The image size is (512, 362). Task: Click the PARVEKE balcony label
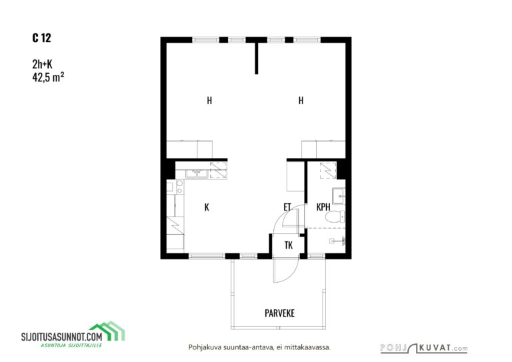click(x=279, y=313)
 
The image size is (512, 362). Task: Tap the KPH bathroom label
click(x=323, y=207)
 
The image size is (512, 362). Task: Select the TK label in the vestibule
click(x=289, y=245)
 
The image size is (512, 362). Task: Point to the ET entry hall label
click(x=287, y=207)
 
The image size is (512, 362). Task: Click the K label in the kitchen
click(x=207, y=207)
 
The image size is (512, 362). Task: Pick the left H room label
click(x=209, y=101)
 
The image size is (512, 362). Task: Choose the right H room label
click(x=301, y=101)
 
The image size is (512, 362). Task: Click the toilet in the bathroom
click(x=336, y=216)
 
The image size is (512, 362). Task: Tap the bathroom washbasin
click(x=339, y=196)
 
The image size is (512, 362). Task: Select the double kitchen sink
click(x=197, y=173)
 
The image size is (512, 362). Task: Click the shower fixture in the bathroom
click(x=339, y=241)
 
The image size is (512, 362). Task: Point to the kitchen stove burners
click(x=179, y=187)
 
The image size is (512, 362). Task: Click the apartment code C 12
click(x=41, y=38)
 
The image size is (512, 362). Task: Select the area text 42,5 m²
click(x=48, y=77)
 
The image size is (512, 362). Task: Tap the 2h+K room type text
click(x=42, y=64)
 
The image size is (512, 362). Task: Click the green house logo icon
click(x=108, y=331)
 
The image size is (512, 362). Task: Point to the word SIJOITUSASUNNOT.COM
click(x=62, y=337)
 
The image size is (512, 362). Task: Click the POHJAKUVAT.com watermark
click(x=424, y=348)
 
